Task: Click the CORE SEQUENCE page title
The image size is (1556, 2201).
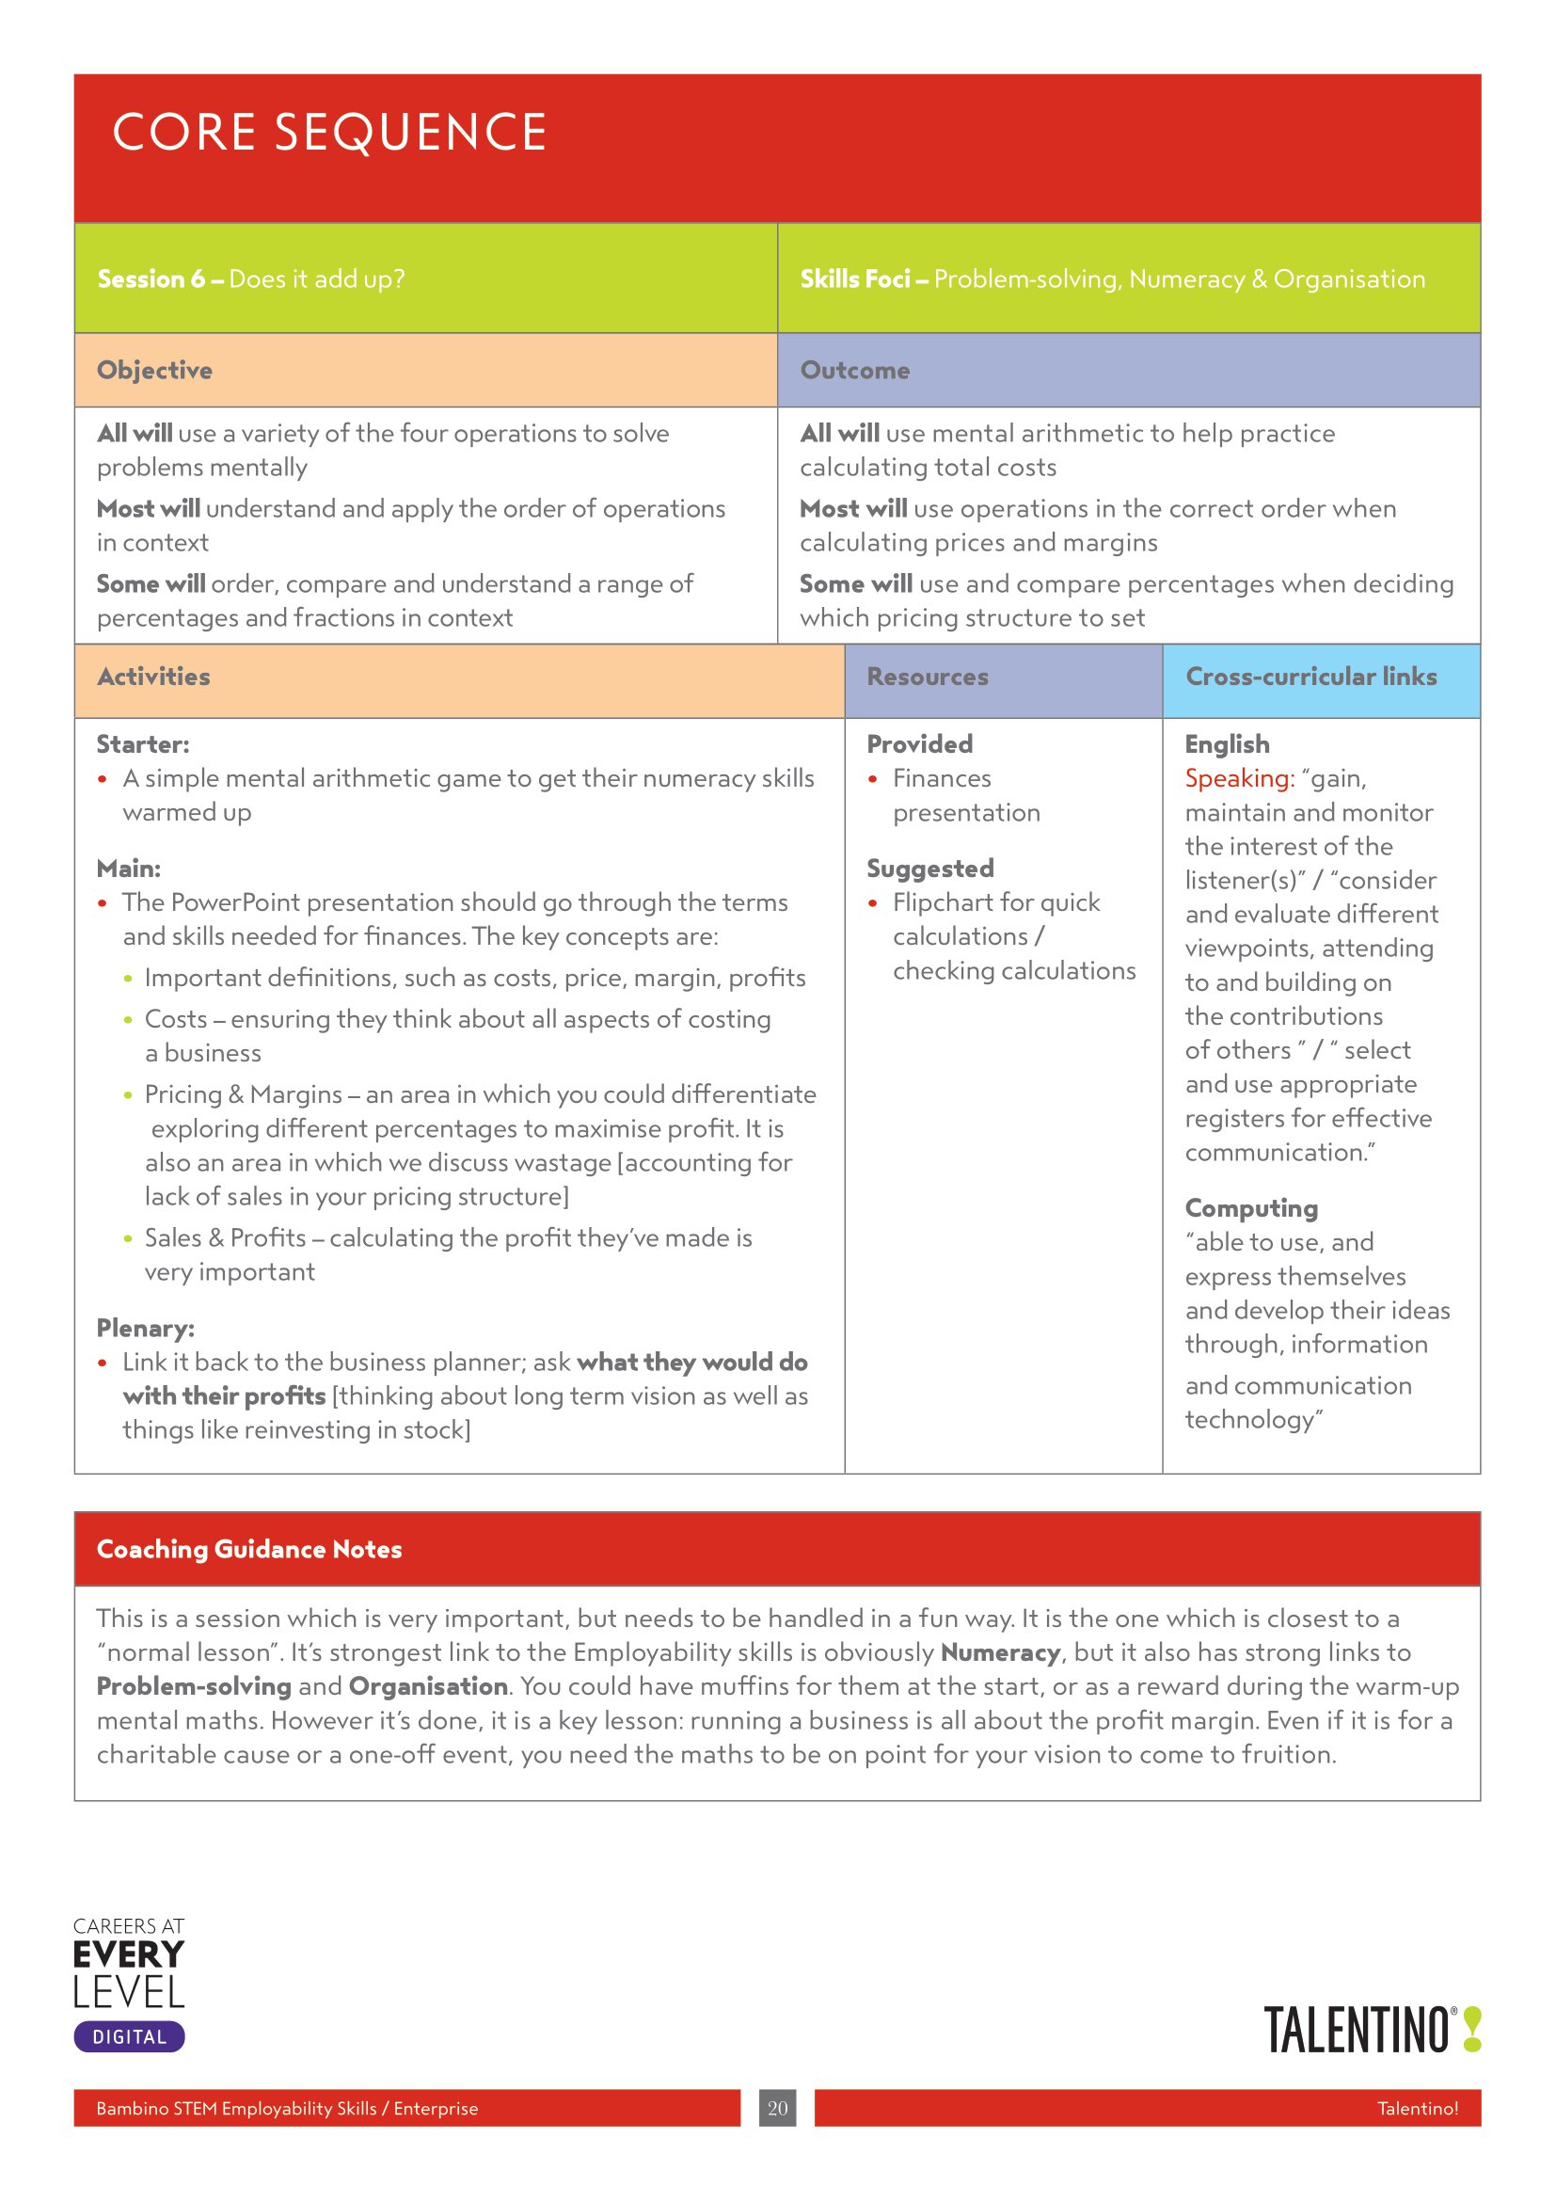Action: (328, 133)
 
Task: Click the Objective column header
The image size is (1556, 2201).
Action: (154, 370)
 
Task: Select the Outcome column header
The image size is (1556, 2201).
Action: (854, 370)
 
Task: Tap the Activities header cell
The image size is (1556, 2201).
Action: (153, 677)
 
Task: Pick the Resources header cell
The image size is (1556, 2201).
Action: (927, 677)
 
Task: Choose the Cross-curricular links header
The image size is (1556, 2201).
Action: (1310, 677)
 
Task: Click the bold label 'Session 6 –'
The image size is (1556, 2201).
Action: (160, 279)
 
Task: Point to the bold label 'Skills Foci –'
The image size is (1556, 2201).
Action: (864, 279)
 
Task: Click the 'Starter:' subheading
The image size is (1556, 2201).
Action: (143, 744)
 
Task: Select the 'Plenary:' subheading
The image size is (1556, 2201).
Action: (145, 1328)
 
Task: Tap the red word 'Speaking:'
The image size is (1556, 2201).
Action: (1239, 778)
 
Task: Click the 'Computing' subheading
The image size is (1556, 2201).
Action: (1250, 1208)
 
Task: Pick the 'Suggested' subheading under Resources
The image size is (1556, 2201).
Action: (929, 869)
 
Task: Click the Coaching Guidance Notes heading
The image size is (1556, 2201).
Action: (249, 1549)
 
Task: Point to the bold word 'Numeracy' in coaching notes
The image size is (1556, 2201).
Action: (999, 1651)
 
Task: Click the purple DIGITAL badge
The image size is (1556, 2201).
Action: (129, 2037)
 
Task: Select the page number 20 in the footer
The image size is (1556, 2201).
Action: (777, 2108)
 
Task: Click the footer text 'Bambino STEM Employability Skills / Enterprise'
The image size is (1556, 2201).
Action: (287, 2108)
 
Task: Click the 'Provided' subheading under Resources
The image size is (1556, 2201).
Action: (919, 744)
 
